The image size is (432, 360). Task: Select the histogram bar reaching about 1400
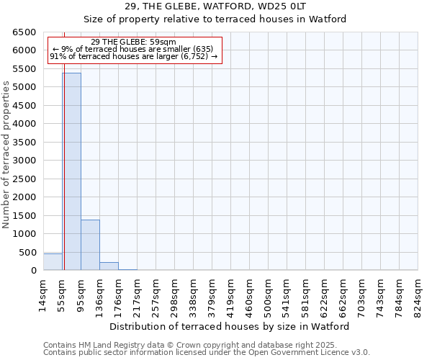[90, 245]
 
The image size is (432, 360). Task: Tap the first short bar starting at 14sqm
[53, 262]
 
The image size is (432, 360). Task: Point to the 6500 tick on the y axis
[24, 32]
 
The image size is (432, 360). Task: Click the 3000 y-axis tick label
[24, 161]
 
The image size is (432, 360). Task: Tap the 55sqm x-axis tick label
[62, 294]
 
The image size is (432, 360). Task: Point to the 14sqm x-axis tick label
[43, 294]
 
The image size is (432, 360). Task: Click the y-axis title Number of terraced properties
[6, 155]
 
